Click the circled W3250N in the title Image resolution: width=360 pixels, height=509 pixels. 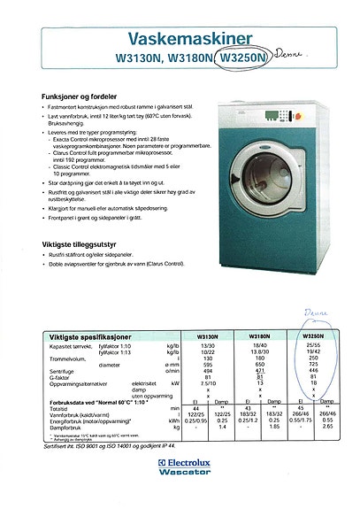point(242,58)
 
